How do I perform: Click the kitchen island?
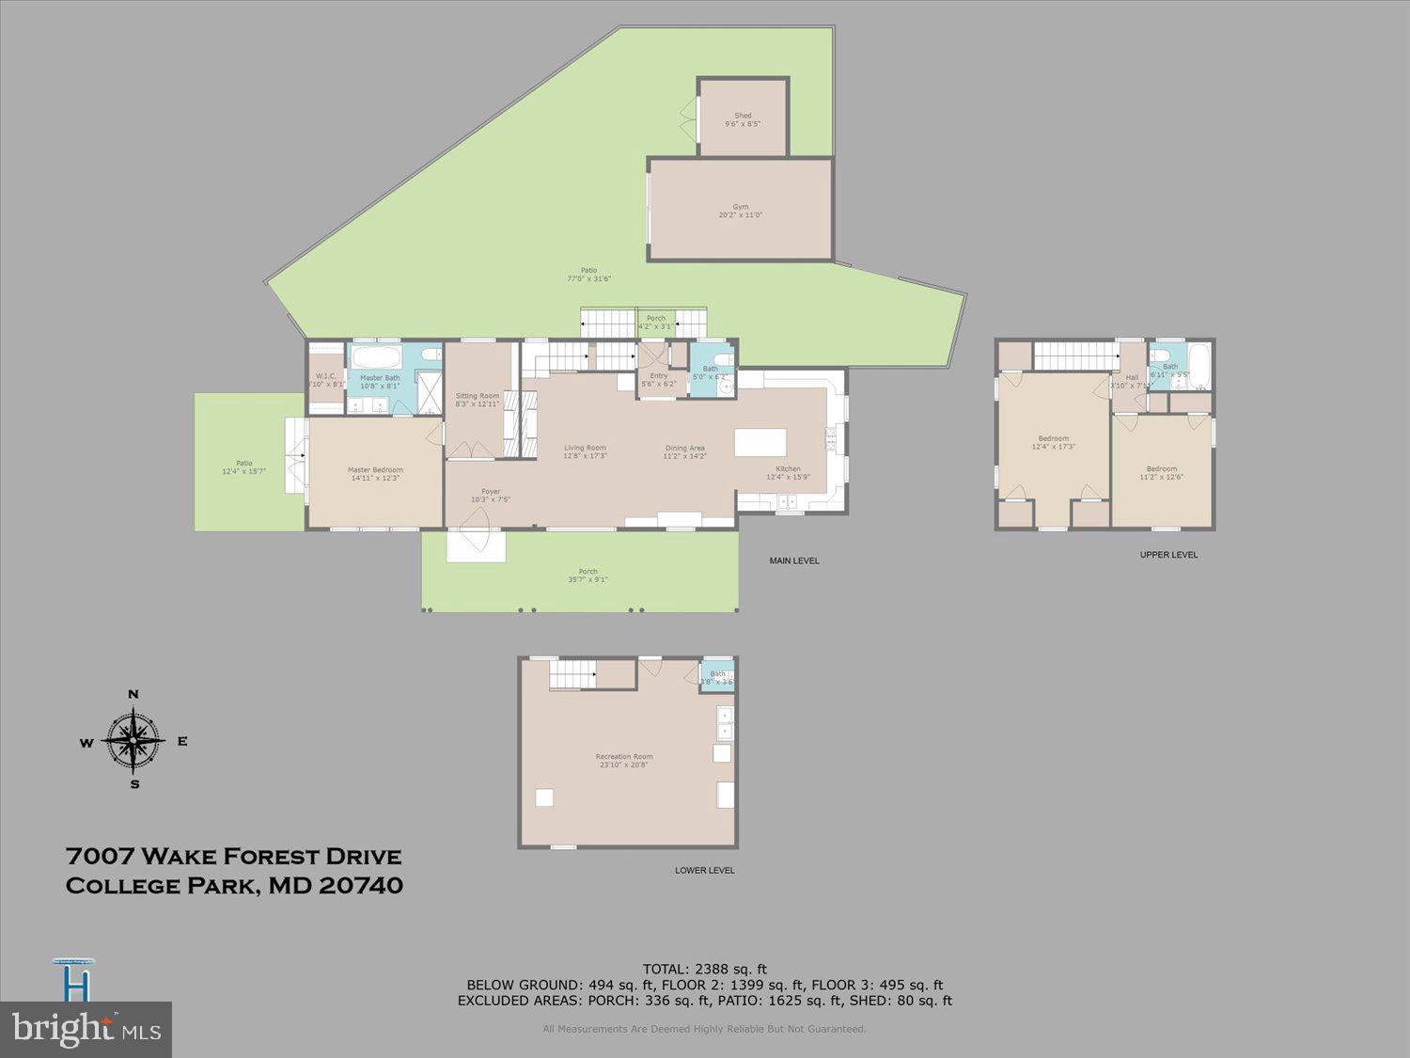click(760, 442)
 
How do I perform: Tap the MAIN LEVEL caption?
click(794, 561)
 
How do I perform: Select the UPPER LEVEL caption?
click(1168, 555)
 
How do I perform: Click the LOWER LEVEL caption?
click(704, 870)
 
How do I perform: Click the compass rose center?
click(133, 740)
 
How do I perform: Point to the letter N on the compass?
click(133, 695)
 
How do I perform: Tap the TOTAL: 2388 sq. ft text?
click(704, 969)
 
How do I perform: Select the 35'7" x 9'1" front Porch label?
click(587, 576)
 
